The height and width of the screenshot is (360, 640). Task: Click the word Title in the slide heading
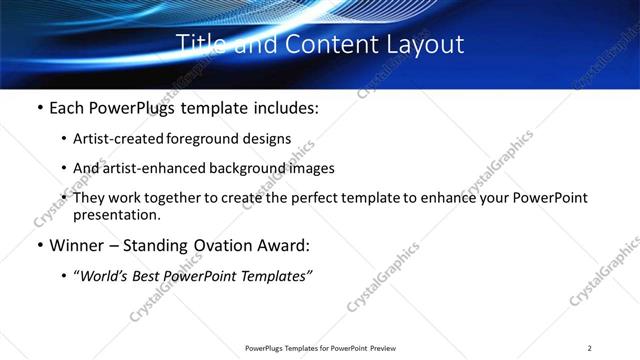[x=200, y=44]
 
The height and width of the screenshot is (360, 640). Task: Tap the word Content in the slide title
[x=328, y=44]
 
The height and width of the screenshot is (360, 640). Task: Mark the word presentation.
[x=116, y=214]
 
